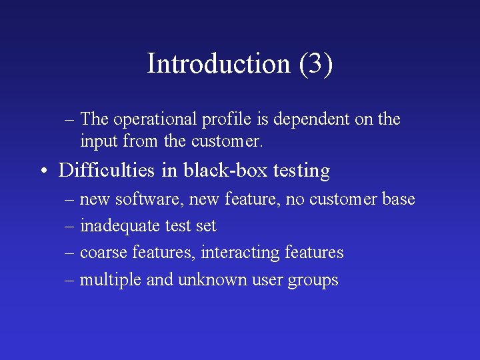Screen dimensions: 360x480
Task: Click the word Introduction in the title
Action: point(219,64)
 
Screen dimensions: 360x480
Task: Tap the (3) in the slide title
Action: point(315,64)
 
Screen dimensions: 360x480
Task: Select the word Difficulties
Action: point(107,171)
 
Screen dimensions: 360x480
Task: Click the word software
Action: point(142,199)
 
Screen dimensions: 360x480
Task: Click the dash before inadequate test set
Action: point(69,227)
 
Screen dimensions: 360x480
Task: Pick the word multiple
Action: point(110,280)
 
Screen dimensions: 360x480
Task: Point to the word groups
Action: point(313,281)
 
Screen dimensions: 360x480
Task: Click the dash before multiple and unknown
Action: point(69,280)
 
